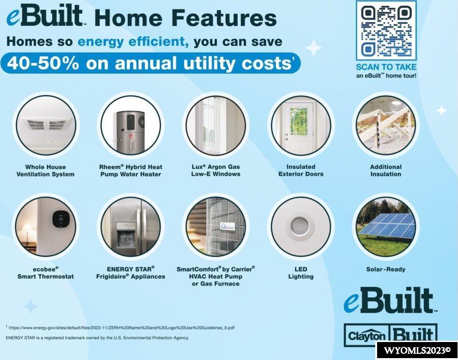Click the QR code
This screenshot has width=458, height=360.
click(x=386, y=31)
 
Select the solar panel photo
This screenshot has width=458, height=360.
click(x=386, y=227)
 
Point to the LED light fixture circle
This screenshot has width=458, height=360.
click(x=301, y=227)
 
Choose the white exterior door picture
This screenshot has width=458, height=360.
click(x=301, y=125)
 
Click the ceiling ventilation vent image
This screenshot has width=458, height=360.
click(x=45, y=125)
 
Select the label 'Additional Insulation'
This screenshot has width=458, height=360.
click(x=386, y=170)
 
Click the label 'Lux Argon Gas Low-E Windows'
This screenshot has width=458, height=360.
click(x=216, y=170)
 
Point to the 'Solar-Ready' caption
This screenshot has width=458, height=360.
click(x=386, y=269)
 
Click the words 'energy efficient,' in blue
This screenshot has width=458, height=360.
click(x=133, y=42)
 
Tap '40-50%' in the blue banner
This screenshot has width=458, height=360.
click(x=43, y=63)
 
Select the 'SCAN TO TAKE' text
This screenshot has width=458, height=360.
click(x=386, y=67)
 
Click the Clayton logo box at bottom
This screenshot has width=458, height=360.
click(x=367, y=335)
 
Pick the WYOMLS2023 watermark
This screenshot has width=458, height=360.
click(x=417, y=351)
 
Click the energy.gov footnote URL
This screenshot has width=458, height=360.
click(x=121, y=327)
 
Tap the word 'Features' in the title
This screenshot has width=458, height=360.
click(x=226, y=18)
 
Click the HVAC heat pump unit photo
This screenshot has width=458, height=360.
click(x=216, y=227)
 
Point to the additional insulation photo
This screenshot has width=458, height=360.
click(x=386, y=125)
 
